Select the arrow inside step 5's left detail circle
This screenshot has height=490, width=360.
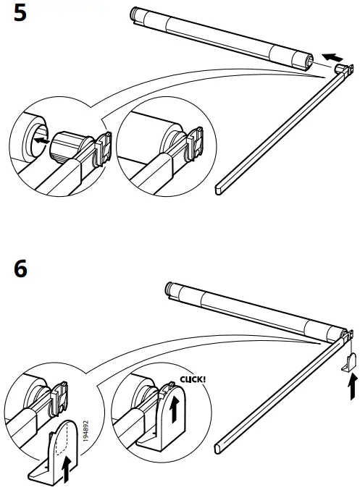tap(43, 141)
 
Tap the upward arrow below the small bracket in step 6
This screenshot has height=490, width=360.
tap(353, 387)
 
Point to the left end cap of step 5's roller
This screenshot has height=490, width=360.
tap(135, 13)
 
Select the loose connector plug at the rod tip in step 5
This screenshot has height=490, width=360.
tap(340, 68)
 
